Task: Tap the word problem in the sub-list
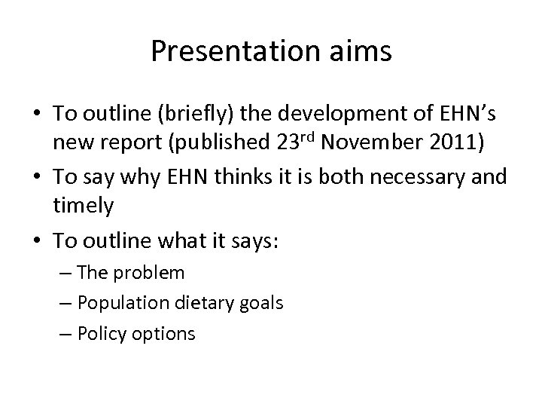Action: click(x=152, y=273)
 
